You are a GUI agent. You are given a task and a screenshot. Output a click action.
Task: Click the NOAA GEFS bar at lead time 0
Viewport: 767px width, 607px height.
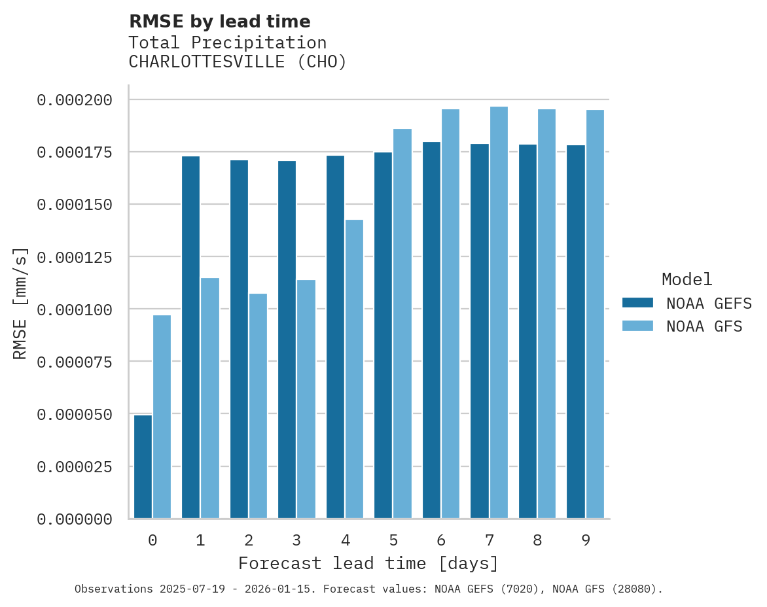143,467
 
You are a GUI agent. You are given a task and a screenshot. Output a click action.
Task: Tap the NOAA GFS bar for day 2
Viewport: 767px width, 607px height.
258,406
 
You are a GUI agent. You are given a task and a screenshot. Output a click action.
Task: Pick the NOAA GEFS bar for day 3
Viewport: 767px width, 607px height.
287,339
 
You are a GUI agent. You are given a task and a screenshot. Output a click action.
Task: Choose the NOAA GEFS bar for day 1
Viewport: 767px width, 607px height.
190,337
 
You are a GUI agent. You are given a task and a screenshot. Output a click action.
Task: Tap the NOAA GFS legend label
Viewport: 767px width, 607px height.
704,326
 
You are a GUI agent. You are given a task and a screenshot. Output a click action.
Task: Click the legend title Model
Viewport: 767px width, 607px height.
687,280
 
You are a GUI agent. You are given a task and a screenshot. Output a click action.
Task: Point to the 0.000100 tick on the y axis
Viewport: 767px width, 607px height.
75,309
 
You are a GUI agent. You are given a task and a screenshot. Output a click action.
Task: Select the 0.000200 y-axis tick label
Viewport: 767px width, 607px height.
75,100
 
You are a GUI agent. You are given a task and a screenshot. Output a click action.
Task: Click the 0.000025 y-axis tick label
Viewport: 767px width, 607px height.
75,467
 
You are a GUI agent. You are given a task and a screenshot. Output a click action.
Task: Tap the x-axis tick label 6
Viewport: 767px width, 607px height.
441,540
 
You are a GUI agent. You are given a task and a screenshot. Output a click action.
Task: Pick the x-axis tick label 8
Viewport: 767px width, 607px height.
537,540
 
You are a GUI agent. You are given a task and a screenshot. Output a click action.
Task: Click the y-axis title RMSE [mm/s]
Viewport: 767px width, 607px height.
20,303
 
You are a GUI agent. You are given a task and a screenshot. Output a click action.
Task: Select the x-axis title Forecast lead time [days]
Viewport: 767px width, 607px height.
368,563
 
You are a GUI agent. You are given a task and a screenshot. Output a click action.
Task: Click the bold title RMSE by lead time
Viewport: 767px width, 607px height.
219,22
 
